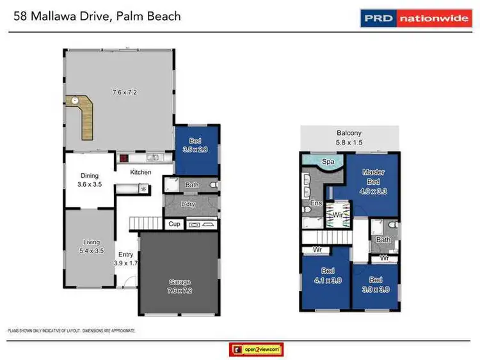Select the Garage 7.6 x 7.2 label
coord(180,286)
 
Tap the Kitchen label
coord(141,173)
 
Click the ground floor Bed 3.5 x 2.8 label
coord(197,145)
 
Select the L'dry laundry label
coord(188,204)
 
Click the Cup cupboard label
coord(174,224)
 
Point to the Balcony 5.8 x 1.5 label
coord(349,138)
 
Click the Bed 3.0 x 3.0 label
coord(375,285)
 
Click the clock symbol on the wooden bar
coord(75,101)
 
